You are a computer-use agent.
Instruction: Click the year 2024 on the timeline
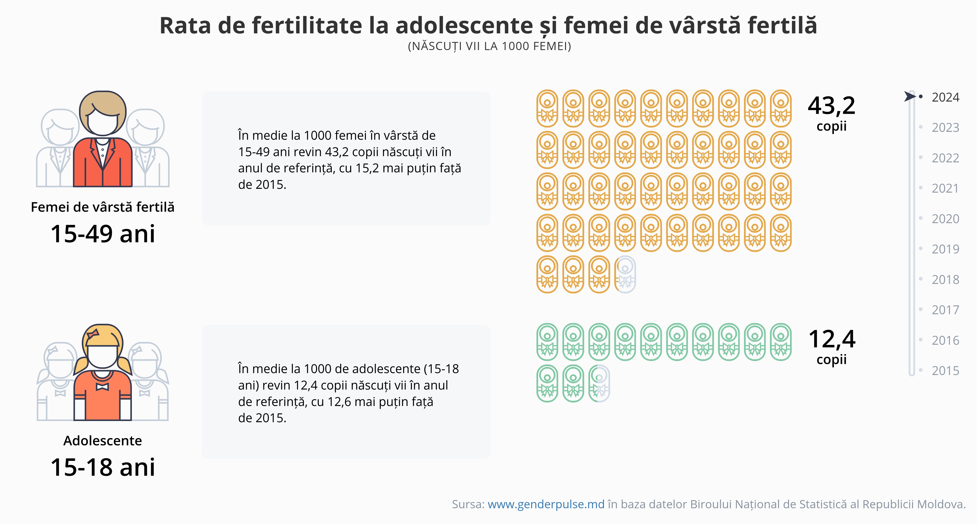coord(945,98)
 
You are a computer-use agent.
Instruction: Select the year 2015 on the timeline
coord(945,370)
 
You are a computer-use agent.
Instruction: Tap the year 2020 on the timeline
coord(945,219)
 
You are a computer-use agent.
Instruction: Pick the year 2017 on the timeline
coord(945,310)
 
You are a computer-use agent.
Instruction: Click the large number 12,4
coord(831,339)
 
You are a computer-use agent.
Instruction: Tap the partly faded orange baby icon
coord(625,274)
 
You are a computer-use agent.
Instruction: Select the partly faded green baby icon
coord(599,383)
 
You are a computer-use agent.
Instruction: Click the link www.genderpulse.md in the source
coord(546,504)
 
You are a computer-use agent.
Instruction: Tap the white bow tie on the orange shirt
coord(102,387)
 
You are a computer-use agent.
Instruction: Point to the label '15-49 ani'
coord(103,234)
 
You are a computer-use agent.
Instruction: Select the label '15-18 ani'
coord(103,467)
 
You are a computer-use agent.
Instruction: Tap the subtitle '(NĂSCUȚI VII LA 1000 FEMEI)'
coord(489,46)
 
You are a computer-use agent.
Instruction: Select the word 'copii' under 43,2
coord(831,126)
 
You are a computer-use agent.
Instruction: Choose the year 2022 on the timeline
coord(945,158)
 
